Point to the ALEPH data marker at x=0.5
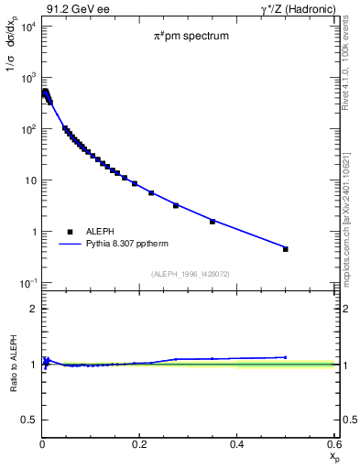pos(286,248)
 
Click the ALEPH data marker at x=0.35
pos(213,222)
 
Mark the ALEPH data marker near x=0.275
pos(176,205)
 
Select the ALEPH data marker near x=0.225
pos(151,193)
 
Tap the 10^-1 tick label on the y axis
pos(27,283)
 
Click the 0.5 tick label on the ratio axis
pos(29,420)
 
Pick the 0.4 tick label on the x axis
pos(236,444)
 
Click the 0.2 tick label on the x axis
pos(139,444)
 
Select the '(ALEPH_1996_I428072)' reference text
pos(190,274)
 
